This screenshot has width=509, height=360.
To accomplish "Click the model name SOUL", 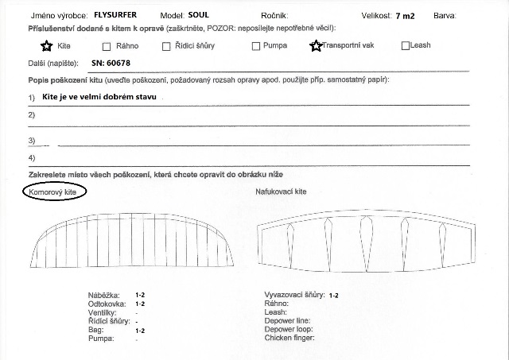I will tap(199, 14).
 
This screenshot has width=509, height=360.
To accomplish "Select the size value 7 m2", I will tap(404, 15).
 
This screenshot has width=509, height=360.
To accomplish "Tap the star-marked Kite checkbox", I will tap(47, 45).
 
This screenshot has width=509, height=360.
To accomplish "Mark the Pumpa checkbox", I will tap(256, 46).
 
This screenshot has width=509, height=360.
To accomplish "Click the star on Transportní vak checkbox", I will tap(316, 45).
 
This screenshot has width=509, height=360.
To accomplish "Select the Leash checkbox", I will tap(406, 45).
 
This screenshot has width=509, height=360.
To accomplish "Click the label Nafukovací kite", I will tap(281, 192).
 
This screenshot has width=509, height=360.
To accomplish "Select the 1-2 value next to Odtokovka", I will tap(140, 304).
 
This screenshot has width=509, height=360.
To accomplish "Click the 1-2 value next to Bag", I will tap(140, 330).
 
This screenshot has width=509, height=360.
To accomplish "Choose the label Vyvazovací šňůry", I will tap(294, 295).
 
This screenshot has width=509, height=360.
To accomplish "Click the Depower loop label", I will tap(289, 329).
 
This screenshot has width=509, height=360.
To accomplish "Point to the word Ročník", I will tap(274, 15).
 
